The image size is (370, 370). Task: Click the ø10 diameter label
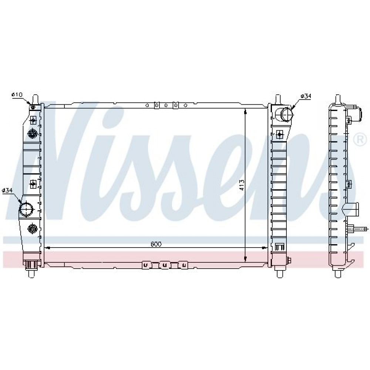(17, 95)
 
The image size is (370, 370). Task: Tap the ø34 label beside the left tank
(7, 191)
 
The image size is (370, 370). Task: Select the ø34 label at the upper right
(306, 96)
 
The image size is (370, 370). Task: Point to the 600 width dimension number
(156, 244)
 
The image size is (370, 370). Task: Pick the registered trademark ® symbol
(360, 140)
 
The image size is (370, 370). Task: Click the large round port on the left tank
(26, 209)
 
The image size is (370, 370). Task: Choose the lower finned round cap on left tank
(33, 228)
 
